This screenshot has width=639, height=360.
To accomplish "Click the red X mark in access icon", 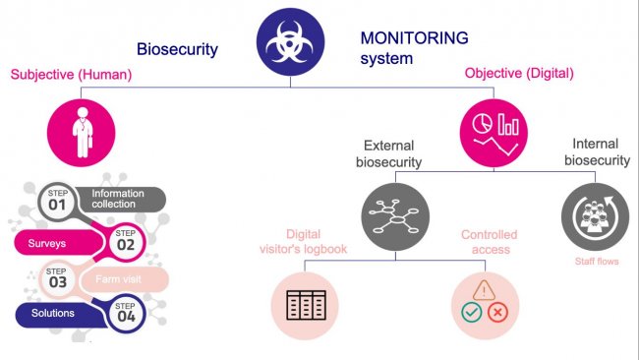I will click(x=497, y=315).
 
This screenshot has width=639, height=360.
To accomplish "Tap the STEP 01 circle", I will click(x=56, y=201).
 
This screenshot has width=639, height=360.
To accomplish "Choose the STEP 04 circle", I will click(x=126, y=315).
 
